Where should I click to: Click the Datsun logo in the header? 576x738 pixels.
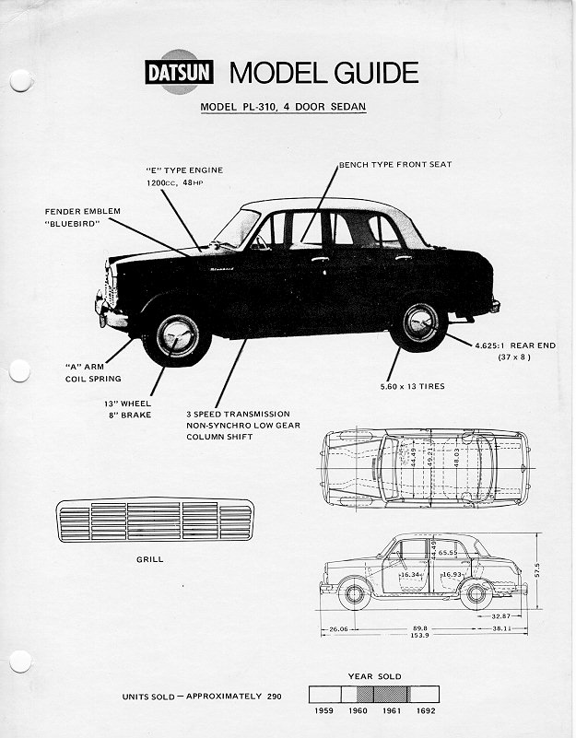tap(181, 73)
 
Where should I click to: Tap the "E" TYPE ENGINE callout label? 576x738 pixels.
tap(184, 170)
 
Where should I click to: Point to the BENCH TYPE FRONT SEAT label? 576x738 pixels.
tap(395, 165)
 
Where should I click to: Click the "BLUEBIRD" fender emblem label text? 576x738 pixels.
tap(76, 223)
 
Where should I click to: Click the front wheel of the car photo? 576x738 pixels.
tap(176, 335)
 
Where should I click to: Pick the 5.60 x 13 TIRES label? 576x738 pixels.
tap(412, 386)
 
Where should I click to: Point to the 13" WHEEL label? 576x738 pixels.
tap(129, 404)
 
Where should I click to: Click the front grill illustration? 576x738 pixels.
tap(154, 521)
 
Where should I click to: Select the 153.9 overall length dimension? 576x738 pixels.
tap(419, 637)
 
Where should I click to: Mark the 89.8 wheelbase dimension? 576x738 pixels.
tap(419, 627)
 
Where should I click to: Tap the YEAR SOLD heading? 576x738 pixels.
tap(374, 676)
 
